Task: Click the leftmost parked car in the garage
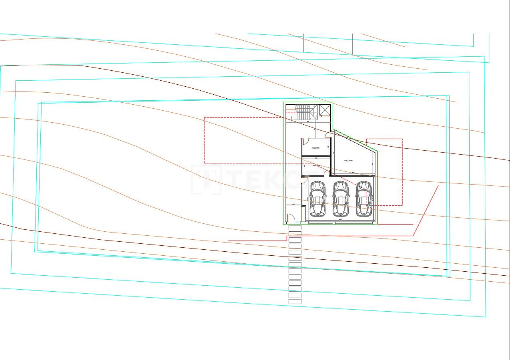click(318, 198)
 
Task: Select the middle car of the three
click(341, 198)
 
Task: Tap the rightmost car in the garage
click(364, 198)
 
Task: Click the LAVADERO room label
click(316, 148)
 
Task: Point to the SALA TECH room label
click(316, 165)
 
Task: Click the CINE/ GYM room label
click(348, 160)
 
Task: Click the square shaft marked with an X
click(325, 109)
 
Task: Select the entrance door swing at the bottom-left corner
click(291, 218)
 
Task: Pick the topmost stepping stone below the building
click(295, 227)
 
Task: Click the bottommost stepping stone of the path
click(295, 302)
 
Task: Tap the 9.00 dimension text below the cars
click(341, 219)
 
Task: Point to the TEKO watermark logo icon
click(207, 180)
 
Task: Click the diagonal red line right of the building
click(426, 210)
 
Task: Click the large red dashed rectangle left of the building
click(204, 140)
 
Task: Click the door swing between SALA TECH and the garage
click(327, 173)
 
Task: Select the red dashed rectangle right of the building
click(402, 172)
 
